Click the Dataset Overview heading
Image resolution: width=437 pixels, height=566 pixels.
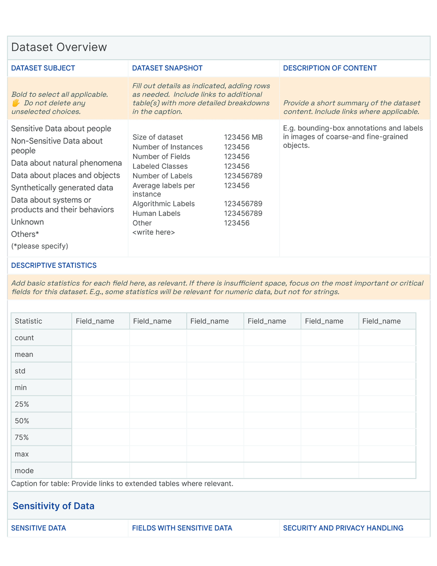point(59,47)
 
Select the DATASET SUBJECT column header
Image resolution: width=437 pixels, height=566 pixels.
point(43,68)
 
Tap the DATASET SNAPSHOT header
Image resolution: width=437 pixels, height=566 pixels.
point(167,68)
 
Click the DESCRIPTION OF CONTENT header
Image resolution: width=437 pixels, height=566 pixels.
point(330,68)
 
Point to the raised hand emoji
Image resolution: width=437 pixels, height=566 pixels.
point(16,103)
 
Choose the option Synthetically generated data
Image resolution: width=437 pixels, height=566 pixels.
point(62,188)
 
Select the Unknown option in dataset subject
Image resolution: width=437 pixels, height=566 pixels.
point(27,222)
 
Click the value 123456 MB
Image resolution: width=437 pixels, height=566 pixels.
point(243,137)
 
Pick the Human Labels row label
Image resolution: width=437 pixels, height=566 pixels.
point(156,213)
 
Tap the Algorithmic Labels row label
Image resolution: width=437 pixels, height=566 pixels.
point(163,204)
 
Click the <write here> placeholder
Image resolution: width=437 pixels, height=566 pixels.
point(154,232)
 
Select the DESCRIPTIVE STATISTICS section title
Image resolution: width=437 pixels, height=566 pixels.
point(54,265)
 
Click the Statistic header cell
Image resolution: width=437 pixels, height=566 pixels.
point(28,321)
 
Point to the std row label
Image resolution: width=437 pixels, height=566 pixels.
point(20,371)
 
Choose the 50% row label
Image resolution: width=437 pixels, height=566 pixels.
point(22,421)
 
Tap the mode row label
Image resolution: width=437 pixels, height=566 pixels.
point(24,471)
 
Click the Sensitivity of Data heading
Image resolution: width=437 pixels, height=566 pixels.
point(53,506)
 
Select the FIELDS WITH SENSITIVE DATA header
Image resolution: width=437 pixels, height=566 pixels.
point(182,528)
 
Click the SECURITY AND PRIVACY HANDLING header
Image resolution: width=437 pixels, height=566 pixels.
point(343,528)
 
